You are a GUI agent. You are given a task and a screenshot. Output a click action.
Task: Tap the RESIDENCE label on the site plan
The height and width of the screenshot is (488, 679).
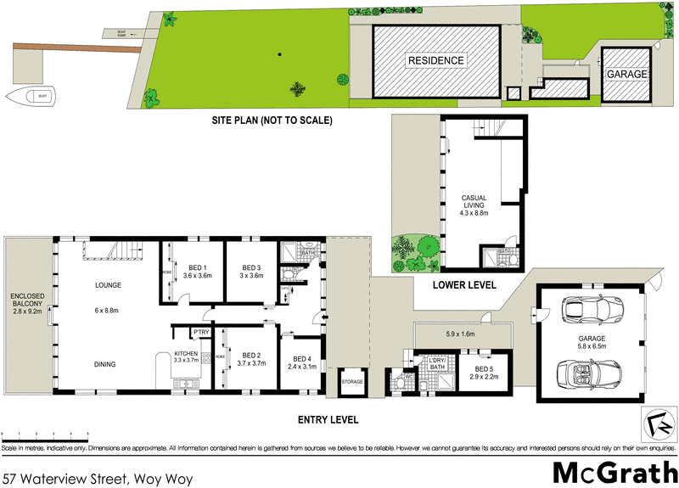(436, 60)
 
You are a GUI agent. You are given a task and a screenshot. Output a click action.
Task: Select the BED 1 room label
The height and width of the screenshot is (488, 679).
(196, 268)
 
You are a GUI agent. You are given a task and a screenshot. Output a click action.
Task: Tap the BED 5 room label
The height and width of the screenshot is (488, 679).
(481, 369)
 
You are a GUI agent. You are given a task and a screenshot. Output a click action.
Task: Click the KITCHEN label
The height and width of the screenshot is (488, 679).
(186, 354)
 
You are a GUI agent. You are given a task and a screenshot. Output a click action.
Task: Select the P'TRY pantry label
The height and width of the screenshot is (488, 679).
(201, 332)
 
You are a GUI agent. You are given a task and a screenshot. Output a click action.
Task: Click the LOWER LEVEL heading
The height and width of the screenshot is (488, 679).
(463, 286)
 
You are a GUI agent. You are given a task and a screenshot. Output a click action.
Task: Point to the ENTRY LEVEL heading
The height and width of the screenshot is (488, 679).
(328, 419)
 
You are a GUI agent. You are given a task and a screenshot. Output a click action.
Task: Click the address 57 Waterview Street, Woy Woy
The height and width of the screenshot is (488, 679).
(98, 479)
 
